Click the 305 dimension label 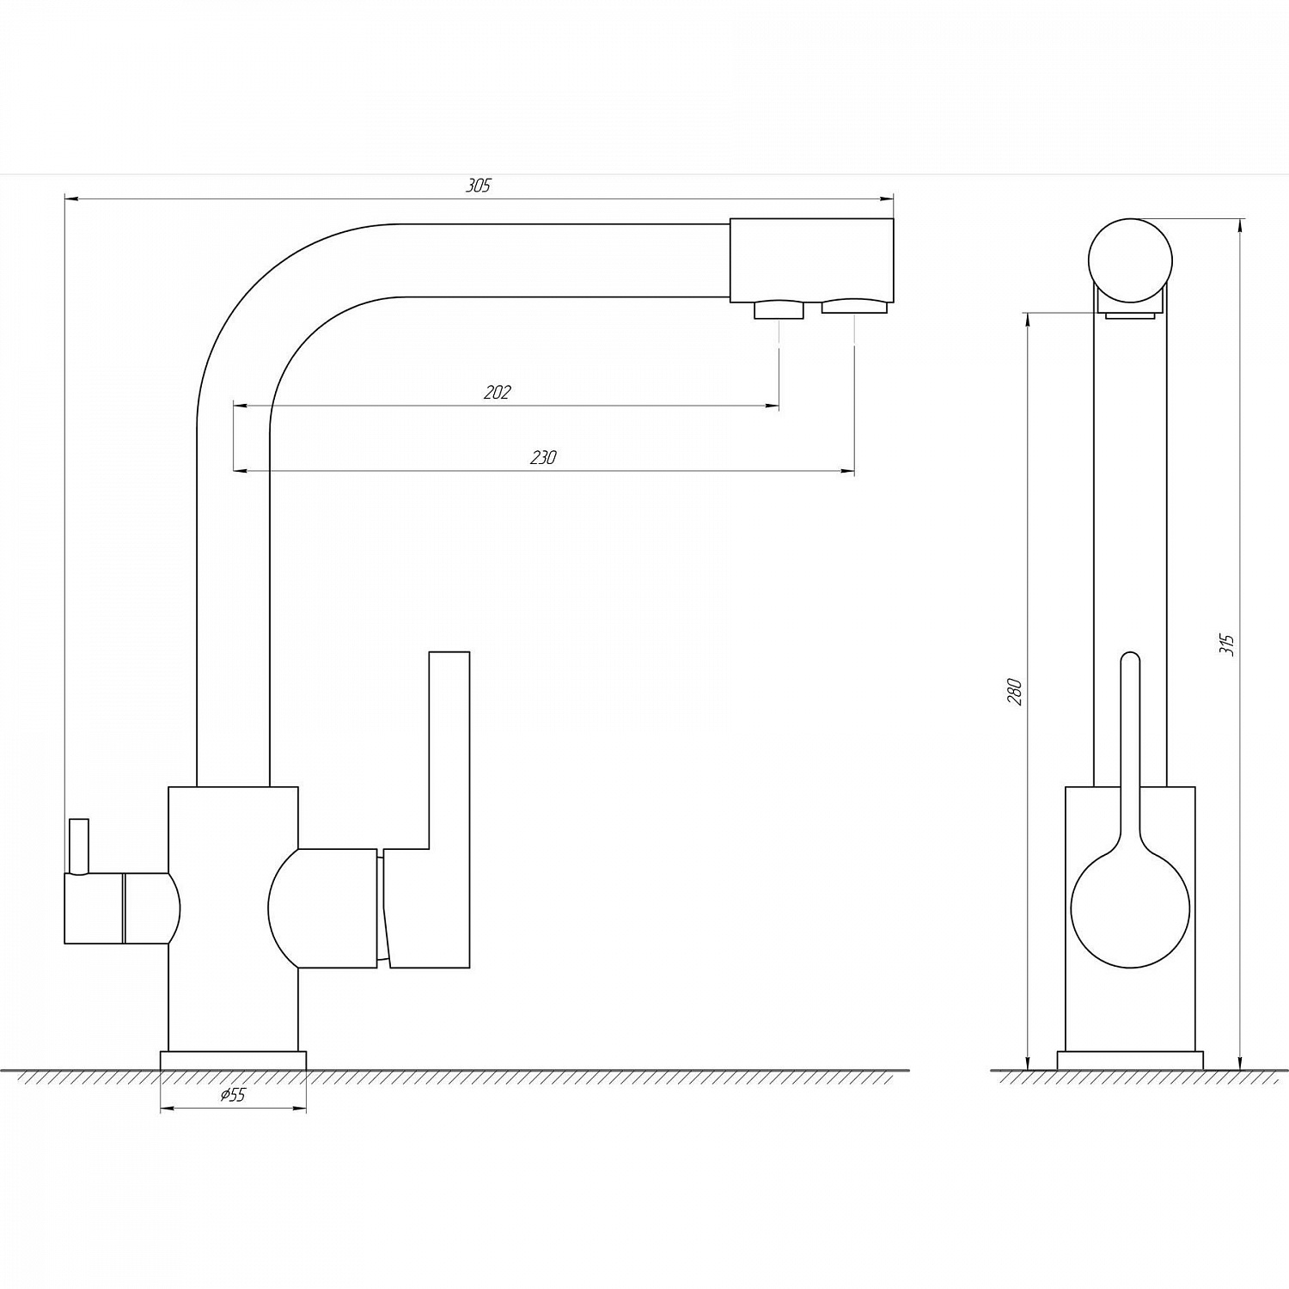478,186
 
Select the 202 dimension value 498,393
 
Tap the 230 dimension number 543,458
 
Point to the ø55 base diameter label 233,1095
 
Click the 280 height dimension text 1015,692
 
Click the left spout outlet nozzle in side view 779,309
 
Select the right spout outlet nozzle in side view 853,306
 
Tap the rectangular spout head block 811,260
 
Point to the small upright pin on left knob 79,846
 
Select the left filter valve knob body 122,908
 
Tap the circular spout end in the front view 1130,260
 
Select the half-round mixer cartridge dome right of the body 322,908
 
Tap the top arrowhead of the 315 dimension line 1240,226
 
